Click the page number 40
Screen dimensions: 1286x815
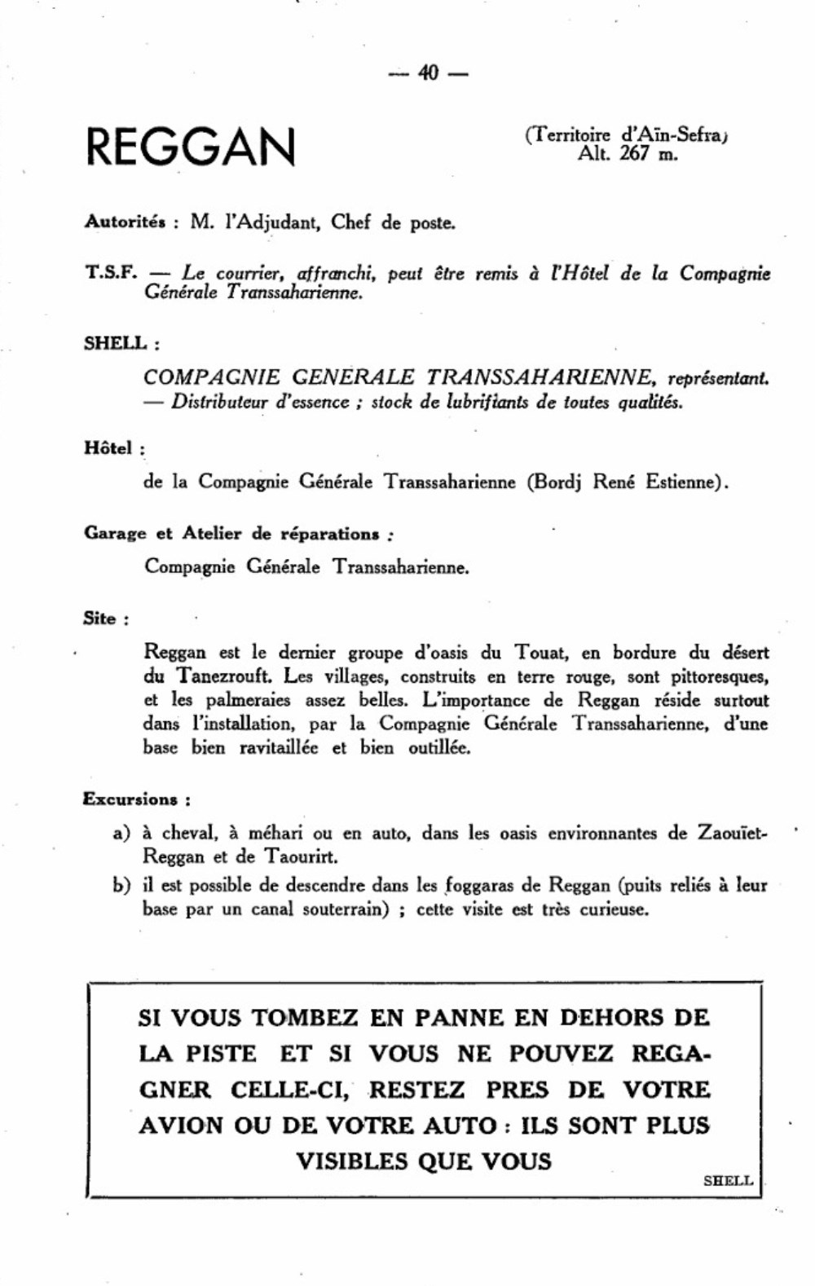(x=428, y=73)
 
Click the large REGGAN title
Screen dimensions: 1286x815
(x=191, y=146)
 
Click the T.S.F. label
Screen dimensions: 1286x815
(x=110, y=272)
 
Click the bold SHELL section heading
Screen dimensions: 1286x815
(x=117, y=343)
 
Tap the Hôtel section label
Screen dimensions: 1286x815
(x=109, y=447)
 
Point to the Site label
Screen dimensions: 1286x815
(x=100, y=619)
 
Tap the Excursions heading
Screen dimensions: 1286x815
(x=131, y=799)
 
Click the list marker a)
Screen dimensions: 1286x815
(x=121, y=834)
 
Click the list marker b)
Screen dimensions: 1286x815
(x=121, y=886)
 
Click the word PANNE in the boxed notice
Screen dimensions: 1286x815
(x=459, y=1017)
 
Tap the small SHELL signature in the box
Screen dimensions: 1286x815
(x=728, y=1180)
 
